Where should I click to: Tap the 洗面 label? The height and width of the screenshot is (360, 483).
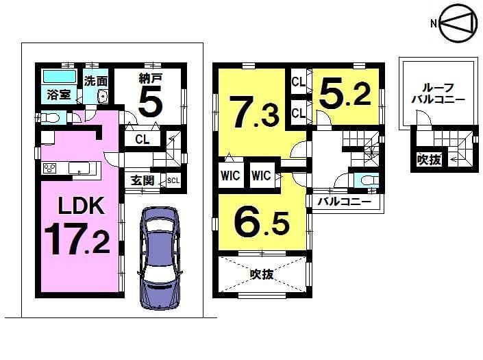[x=96, y=80]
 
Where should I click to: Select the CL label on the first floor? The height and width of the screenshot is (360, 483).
[x=143, y=140]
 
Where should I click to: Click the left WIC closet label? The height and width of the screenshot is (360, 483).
[x=230, y=175]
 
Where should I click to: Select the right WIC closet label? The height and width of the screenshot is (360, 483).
[x=261, y=175]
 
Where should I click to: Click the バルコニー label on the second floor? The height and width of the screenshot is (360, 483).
[x=343, y=202]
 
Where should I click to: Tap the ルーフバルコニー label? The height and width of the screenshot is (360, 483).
[x=438, y=93]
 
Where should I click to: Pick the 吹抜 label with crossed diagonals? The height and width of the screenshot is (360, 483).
[x=262, y=274]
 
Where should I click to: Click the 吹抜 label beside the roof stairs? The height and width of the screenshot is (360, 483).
[x=429, y=160]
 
